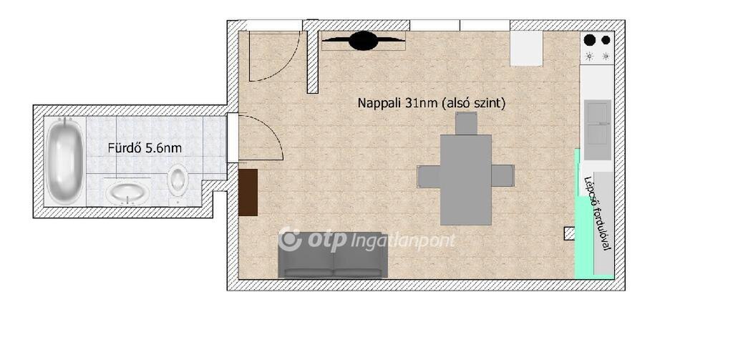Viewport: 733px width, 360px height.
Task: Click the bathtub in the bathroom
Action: pyautogui.click(x=64, y=160)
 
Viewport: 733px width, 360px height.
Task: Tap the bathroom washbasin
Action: pyautogui.click(x=125, y=193)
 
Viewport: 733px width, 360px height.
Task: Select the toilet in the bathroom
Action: pyautogui.click(x=178, y=180)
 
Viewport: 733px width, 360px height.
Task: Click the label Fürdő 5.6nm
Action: pyautogui.click(x=145, y=149)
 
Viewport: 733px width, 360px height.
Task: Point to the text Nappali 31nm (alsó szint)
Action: pyautogui.click(x=432, y=103)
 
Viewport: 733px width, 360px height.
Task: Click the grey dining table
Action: pyautogui.click(x=465, y=180)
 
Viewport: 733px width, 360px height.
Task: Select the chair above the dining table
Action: pyautogui.click(x=466, y=123)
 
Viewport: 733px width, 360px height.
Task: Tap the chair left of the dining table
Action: pyautogui.click(x=429, y=176)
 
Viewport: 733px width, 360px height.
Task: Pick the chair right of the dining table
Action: pyautogui.click(x=503, y=176)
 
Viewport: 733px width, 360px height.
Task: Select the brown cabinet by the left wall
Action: pyautogui.click(x=248, y=192)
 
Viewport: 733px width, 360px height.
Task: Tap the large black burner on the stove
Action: pyautogui.click(x=590, y=40)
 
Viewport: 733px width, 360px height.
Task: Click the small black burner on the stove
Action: pyautogui.click(x=606, y=40)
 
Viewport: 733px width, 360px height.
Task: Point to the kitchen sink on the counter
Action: pyautogui.click(x=598, y=130)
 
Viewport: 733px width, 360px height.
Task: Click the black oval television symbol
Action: pyautogui.click(x=364, y=41)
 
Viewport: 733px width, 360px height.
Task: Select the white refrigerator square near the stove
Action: pyautogui.click(x=526, y=48)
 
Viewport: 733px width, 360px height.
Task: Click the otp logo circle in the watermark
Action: pyautogui.click(x=291, y=239)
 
